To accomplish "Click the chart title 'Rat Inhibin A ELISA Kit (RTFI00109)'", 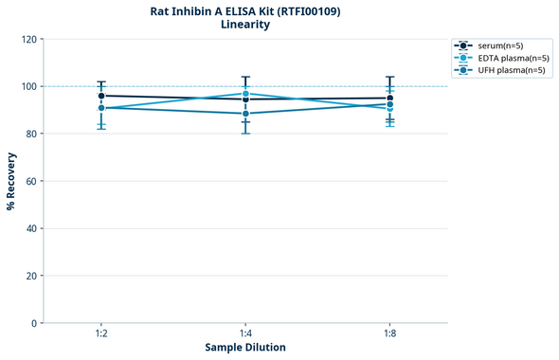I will point(245,11).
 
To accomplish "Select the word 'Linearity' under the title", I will point(245,26).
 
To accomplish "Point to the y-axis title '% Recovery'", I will point(11,181).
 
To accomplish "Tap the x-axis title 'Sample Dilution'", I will point(245,348).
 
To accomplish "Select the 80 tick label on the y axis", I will point(30,134).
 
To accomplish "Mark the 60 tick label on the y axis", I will point(30,181).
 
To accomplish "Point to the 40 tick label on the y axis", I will point(30,228).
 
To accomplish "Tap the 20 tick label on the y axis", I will point(30,276).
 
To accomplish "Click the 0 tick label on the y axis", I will point(33,323).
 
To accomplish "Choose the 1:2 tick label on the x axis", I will point(101,333).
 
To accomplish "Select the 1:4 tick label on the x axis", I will point(245,333).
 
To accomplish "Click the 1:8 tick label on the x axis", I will point(389,333).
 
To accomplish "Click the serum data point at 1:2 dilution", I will point(101,96).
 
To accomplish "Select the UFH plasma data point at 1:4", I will point(245,114).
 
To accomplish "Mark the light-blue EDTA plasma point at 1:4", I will point(245,93).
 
